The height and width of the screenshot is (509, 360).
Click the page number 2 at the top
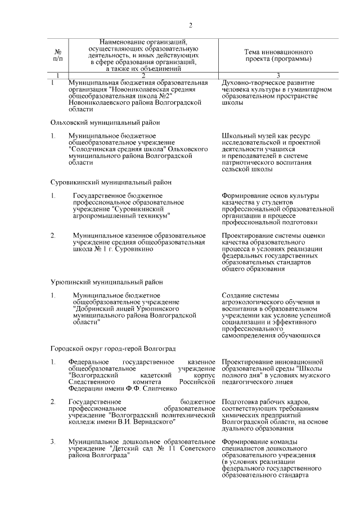(191, 25)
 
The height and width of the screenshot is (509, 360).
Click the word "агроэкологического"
(254, 302)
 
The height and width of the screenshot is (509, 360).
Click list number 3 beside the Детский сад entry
(53, 442)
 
